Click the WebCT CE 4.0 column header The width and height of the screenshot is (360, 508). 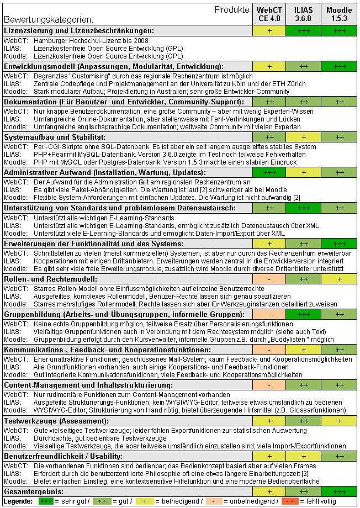point(269,14)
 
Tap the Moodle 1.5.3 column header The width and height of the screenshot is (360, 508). point(340,14)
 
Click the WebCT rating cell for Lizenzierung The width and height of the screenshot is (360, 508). point(269,31)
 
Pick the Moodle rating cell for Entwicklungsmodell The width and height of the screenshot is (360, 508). point(340,66)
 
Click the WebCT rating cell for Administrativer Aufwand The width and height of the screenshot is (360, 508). point(269,173)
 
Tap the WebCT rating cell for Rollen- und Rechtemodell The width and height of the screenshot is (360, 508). point(269,279)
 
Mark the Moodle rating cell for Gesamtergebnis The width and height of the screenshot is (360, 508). point(340,491)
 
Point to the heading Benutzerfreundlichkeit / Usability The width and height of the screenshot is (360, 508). point(63,456)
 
